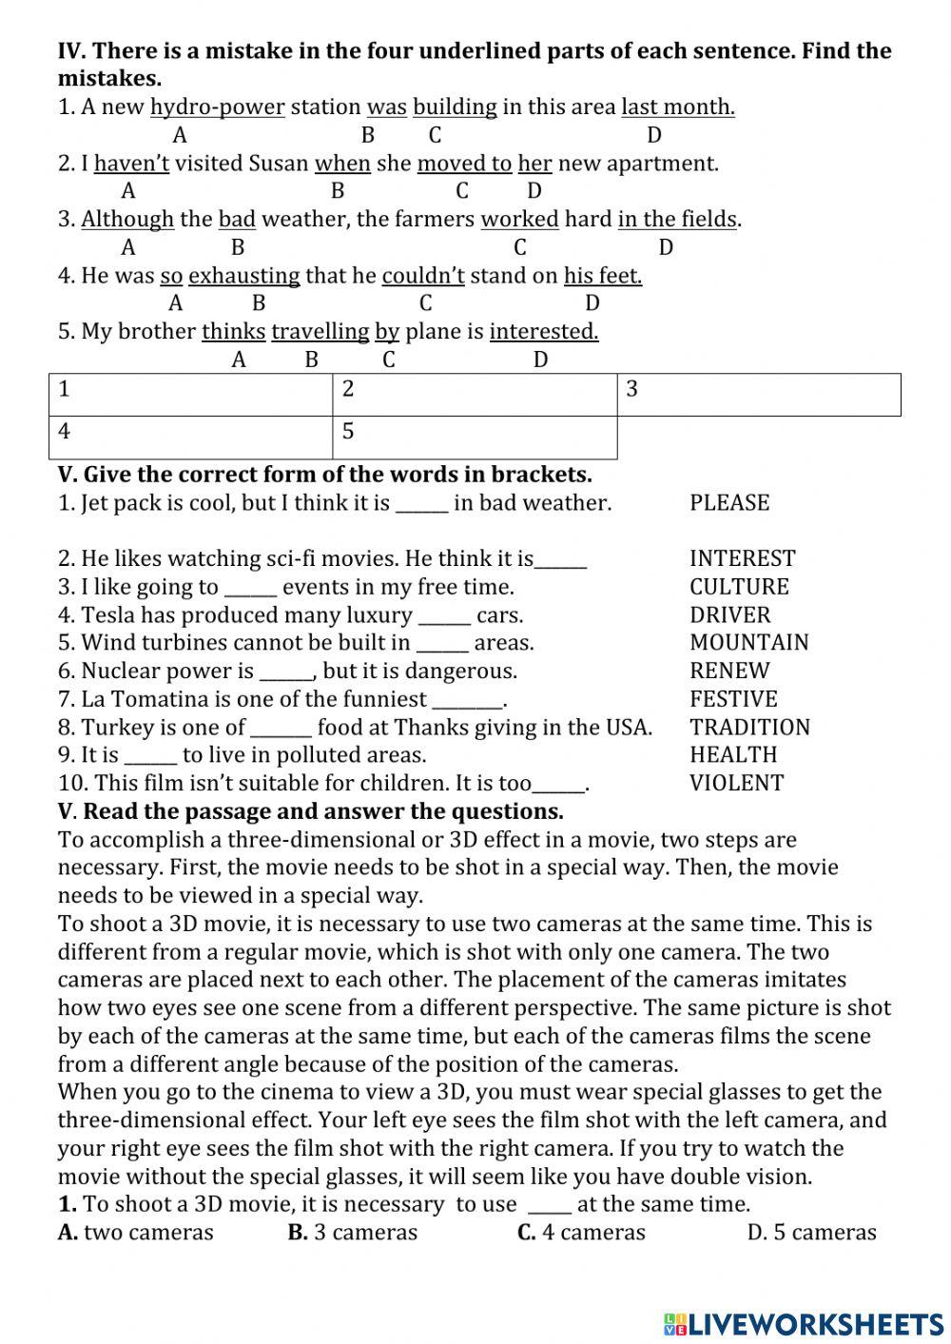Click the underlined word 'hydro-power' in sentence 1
[x=218, y=107]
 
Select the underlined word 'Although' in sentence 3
[x=127, y=220]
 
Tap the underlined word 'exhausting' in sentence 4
[x=244, y=276]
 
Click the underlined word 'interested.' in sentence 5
[x=544, y=332]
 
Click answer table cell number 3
[x=758, y=395]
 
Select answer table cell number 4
[x=190, y=437]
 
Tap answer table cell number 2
[x=474, y=395]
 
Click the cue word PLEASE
[x=729, y=503]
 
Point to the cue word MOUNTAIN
[x=748, y=643]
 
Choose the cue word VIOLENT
[x=736, y=784]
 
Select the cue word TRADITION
[x=749, y=728]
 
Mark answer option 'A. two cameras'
[x=136, y=1233]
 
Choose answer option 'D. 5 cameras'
[x=811, y=1233]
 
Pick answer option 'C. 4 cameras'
[x=581, y=1233]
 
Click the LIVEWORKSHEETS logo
[x=804, y=1323]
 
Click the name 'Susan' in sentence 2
[x=279, y=164]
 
